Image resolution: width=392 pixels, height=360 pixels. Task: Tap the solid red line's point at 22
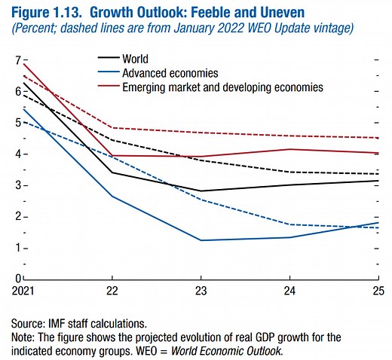coord(112,155)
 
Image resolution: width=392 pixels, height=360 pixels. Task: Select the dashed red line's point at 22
coord(112,127)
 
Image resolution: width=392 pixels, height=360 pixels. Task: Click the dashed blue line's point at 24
coord(291,224)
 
